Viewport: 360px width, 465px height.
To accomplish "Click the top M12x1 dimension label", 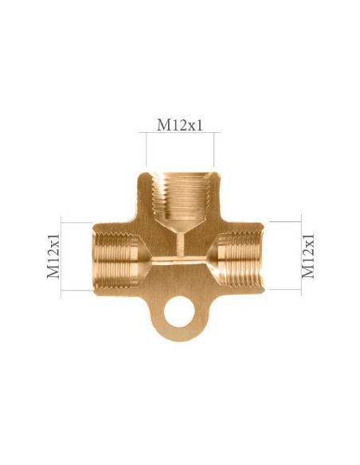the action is [180, 125].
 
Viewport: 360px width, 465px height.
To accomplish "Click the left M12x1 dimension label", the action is [53, 256].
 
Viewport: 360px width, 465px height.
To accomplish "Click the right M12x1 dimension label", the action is [308, 256].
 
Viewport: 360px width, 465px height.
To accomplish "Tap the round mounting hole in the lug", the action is [179, 311].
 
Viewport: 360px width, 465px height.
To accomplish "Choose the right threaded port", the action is [241, 260].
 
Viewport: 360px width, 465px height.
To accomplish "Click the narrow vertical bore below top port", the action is [180, 245].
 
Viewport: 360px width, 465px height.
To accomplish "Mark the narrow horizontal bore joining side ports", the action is [180, 260].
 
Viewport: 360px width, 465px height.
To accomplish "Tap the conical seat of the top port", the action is [180, 226].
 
